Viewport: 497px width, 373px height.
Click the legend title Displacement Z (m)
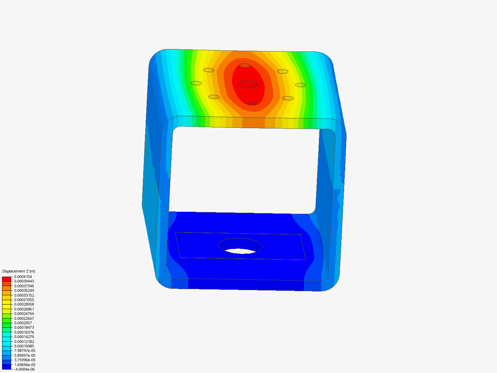(19, 271)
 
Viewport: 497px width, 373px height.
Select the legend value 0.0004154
(23, 277)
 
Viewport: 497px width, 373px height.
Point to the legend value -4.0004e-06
(24, 369)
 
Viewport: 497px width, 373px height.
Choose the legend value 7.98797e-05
(25, 351)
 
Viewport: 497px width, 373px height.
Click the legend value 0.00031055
(24, 300)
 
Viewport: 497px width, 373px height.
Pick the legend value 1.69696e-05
(25, 365)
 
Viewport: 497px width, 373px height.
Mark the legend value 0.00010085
(24, 346)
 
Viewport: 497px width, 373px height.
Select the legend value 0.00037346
(24, 286)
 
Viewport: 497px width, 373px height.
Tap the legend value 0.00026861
(24, 309)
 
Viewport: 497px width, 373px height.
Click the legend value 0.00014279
(24, 337)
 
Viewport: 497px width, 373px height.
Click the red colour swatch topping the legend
(7, 279)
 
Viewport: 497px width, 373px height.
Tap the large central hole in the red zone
(248, 84)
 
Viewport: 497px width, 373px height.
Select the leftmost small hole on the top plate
(196, 83)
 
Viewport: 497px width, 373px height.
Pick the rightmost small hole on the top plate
(300, 85)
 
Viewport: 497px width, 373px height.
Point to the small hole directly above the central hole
(245, 65)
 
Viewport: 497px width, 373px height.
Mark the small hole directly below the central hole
(252, 103)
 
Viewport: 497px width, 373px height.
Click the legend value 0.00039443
(24, 281)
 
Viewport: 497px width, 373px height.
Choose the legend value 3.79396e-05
(25, 360)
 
